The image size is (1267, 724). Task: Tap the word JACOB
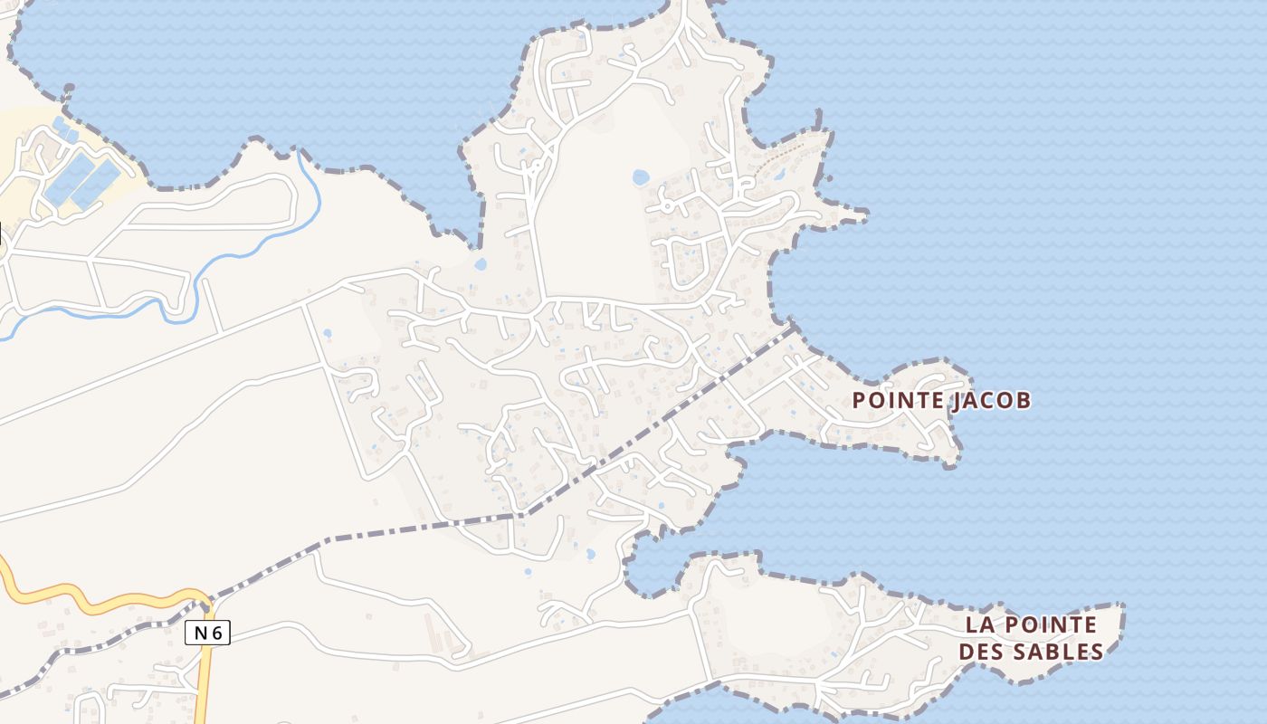(x=991, y=400)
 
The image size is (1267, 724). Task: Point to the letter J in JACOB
(x=957, y=401)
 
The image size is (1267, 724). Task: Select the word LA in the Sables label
(x=978, y=625)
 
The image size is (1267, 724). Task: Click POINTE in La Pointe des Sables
(x=1051, y=625)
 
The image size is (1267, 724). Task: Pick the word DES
(x=982, y=652)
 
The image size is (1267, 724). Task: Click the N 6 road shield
(x=208, y=633)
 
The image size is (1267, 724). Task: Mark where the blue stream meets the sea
(x=300, y=151)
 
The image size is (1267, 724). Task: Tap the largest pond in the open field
(x=641, y=177)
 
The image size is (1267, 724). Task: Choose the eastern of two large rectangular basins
(x=96, y=184)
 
